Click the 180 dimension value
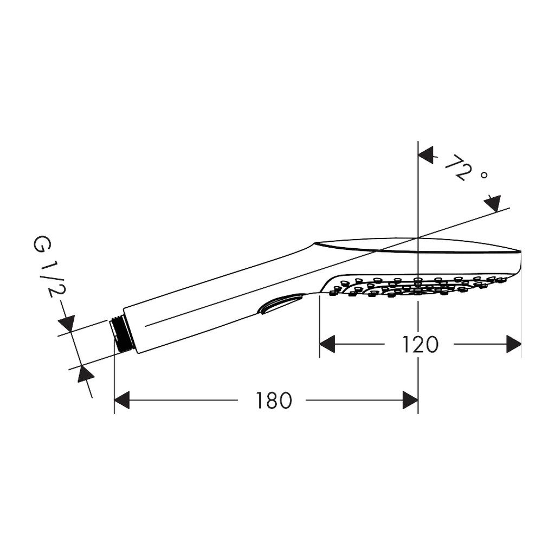[x=274, y=401]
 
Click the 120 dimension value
[x=421, y=344]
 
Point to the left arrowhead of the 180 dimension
[x=122, y=401]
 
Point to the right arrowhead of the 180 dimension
[x=411, y=401]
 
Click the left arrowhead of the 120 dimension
[x=327, y=344]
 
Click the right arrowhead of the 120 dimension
[x=514, y=344]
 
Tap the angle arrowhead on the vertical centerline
[x=426, y=156]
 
